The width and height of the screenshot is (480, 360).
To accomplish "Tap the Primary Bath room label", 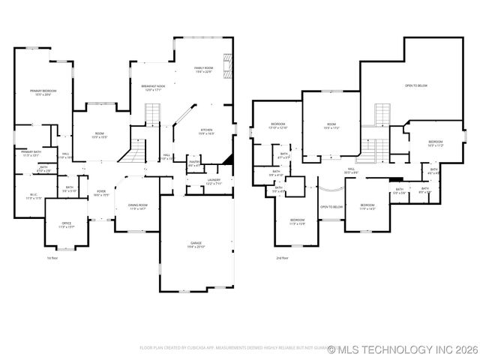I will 31,154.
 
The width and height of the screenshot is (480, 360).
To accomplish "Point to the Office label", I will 66,224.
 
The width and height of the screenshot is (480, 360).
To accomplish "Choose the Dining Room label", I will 137,206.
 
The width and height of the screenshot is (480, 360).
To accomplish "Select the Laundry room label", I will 214,181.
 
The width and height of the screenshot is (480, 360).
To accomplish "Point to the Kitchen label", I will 207,131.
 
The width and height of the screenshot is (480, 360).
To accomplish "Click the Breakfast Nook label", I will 154,88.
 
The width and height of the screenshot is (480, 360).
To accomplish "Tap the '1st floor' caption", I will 52,257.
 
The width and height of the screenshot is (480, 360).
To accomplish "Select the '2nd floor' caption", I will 282,257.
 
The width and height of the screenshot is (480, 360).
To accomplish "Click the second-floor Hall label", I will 350,172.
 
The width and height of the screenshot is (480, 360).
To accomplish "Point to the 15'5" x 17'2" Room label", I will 331,126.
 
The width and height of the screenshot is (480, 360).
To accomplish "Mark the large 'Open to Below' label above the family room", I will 415,85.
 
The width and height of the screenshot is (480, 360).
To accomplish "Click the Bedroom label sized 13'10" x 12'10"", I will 277,125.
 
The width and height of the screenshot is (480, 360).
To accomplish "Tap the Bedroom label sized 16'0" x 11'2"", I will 436,143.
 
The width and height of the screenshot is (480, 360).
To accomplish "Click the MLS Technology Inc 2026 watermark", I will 397,349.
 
